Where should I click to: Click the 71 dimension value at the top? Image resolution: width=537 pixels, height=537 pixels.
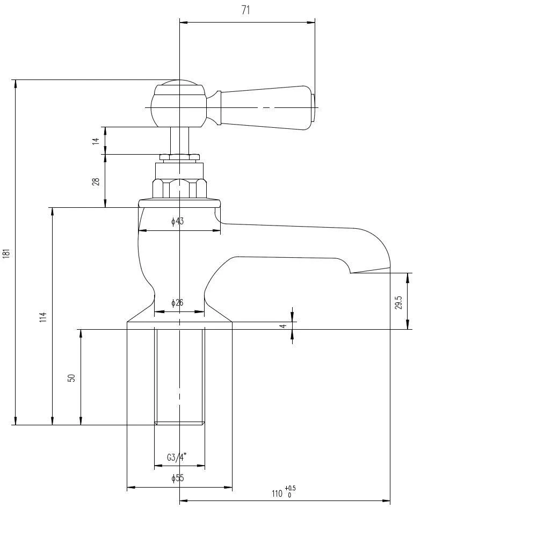(x=246, y=10)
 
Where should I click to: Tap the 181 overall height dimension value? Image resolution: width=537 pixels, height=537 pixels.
(x=6, y=253)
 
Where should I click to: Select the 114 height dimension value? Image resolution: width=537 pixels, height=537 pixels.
(x=43, y=317)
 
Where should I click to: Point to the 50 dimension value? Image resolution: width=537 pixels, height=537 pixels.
(x=71, y=377)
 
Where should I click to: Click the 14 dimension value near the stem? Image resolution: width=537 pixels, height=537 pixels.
(x=96, y=141)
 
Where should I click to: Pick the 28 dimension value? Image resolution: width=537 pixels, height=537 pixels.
(x=96, y=182)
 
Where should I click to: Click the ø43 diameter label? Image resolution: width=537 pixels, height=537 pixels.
(x=178, y=221)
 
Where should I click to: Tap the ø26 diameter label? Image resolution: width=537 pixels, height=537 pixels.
(x=177, y=303)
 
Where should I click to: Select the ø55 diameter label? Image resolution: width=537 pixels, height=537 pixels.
(x=177, y=478)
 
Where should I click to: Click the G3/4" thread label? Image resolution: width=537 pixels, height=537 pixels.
(x=177, y=458)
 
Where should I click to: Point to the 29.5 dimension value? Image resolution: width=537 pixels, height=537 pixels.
(x=398, y=302)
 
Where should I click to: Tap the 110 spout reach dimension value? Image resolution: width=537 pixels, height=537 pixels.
(x=277, y=494)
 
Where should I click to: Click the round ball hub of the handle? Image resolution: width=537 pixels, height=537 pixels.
(x=178, y=105)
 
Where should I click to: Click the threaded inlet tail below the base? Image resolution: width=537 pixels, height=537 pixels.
(x=179, y=376)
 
